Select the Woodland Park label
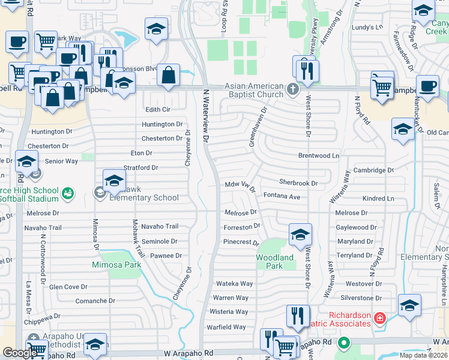(x=274, y=262)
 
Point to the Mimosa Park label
(x=116, y=264)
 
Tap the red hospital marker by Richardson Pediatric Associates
(x=379, y=317)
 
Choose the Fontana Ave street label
(x=282, y=196)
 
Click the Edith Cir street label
(x=158, y=110)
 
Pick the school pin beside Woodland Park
(x=301, y=235)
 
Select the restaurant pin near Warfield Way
(x=298, y=316)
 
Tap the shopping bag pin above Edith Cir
(x=169, y=76)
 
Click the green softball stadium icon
(x=68, y=193)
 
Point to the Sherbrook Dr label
(x=298, y=182)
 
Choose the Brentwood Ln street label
(x=319, y=155)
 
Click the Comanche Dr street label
(x=95, y=301)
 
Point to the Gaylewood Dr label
(x=356, y=227)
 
